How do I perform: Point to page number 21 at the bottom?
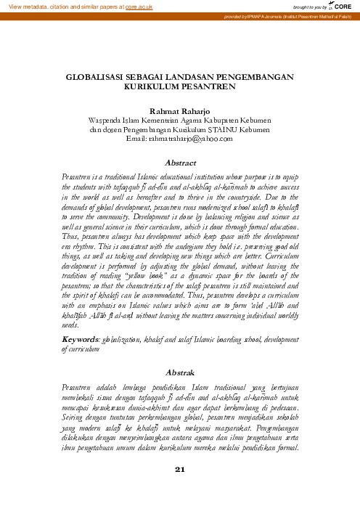[181, 489]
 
